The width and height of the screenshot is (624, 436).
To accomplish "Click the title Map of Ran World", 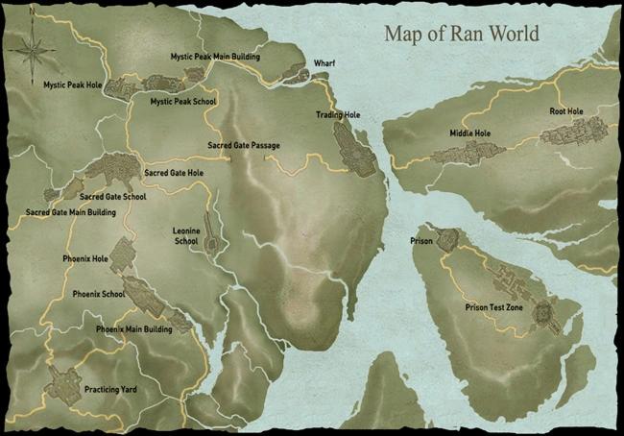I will point(462,34).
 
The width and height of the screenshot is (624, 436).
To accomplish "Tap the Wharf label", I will point(324,63).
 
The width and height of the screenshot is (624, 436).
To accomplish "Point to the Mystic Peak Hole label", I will point(72,85).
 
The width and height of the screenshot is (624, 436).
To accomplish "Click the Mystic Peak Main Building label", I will point(215,57).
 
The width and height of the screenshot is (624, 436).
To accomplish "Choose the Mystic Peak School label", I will point(183,101).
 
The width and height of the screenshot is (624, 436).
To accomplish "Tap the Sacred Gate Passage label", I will point(244,146).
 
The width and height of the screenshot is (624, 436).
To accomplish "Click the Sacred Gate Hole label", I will point(174,173).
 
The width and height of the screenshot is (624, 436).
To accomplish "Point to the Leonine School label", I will point(185,236).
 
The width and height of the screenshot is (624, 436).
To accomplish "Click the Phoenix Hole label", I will point(84,258).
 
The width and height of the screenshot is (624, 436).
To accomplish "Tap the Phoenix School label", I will point(99,294).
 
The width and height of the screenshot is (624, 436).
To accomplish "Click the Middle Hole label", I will point(469,133).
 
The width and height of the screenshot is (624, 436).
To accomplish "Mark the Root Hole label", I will point(566,111).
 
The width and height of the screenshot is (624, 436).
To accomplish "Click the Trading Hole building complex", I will point(354,150).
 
